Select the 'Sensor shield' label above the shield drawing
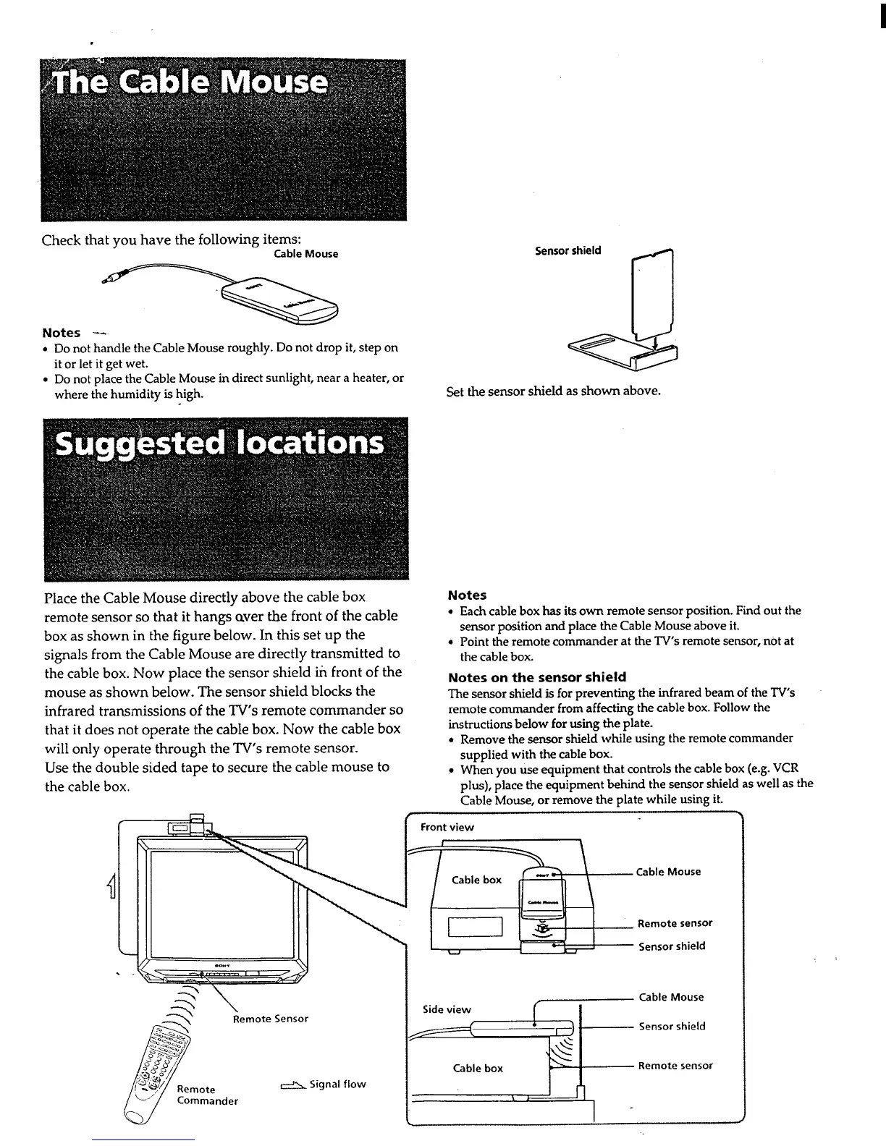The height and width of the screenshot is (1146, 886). (568, 251)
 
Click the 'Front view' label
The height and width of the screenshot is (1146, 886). (447, 827)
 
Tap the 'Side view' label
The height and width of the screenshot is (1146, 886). (447, 1009)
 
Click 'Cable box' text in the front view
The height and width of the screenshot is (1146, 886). (476, 880)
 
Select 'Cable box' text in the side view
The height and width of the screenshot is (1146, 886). (478, 1068)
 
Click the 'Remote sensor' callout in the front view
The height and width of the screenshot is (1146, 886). (675, 923)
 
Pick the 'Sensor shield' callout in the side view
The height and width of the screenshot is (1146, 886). (672, 1026)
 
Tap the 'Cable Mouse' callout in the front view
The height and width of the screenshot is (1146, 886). (668, 872)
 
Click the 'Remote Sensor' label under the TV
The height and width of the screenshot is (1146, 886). (270, 1019)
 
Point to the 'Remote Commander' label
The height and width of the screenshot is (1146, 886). (207, 1095)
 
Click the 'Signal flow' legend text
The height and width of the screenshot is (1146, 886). (337, 1084)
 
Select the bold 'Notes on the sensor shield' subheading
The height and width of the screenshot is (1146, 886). (536, 677)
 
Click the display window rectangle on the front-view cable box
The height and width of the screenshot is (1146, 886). (475, 926)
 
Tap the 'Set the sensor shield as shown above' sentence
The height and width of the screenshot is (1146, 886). (554, 391)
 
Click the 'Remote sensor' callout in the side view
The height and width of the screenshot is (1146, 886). (675, 1066)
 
